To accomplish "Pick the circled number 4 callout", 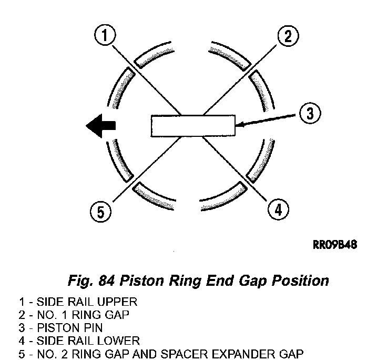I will point(277,210).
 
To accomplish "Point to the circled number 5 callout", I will point(100,212).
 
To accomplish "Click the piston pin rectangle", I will point(193,126).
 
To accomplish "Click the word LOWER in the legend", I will point(123,341).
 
